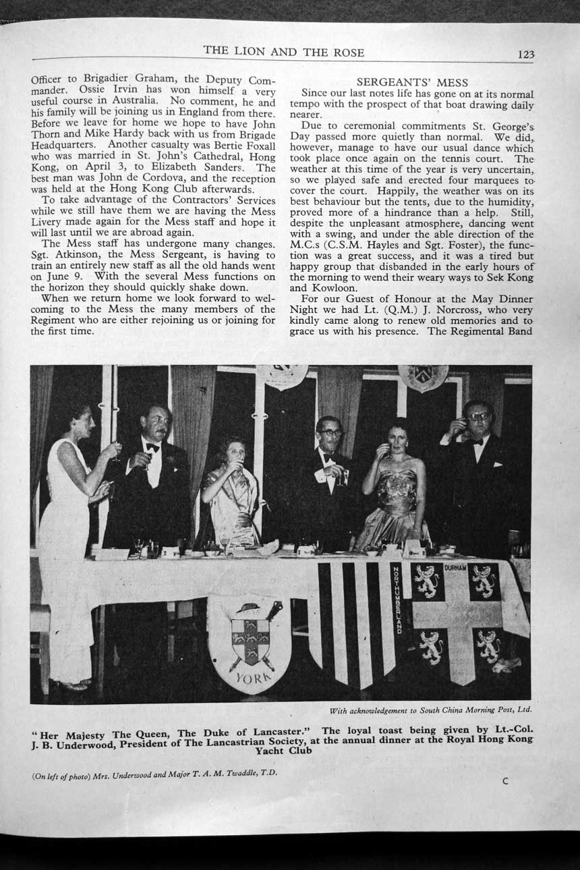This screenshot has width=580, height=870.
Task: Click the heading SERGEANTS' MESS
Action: coord(412,83)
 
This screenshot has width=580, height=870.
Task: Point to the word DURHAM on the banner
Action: coord(456,569)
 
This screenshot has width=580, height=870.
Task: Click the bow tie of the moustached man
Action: coord(153,447)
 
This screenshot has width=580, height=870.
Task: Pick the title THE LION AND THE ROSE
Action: coord(283,53)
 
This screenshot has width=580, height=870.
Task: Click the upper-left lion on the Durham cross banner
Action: coord(427,579)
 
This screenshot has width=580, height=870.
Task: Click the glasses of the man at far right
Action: coord(479,417)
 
